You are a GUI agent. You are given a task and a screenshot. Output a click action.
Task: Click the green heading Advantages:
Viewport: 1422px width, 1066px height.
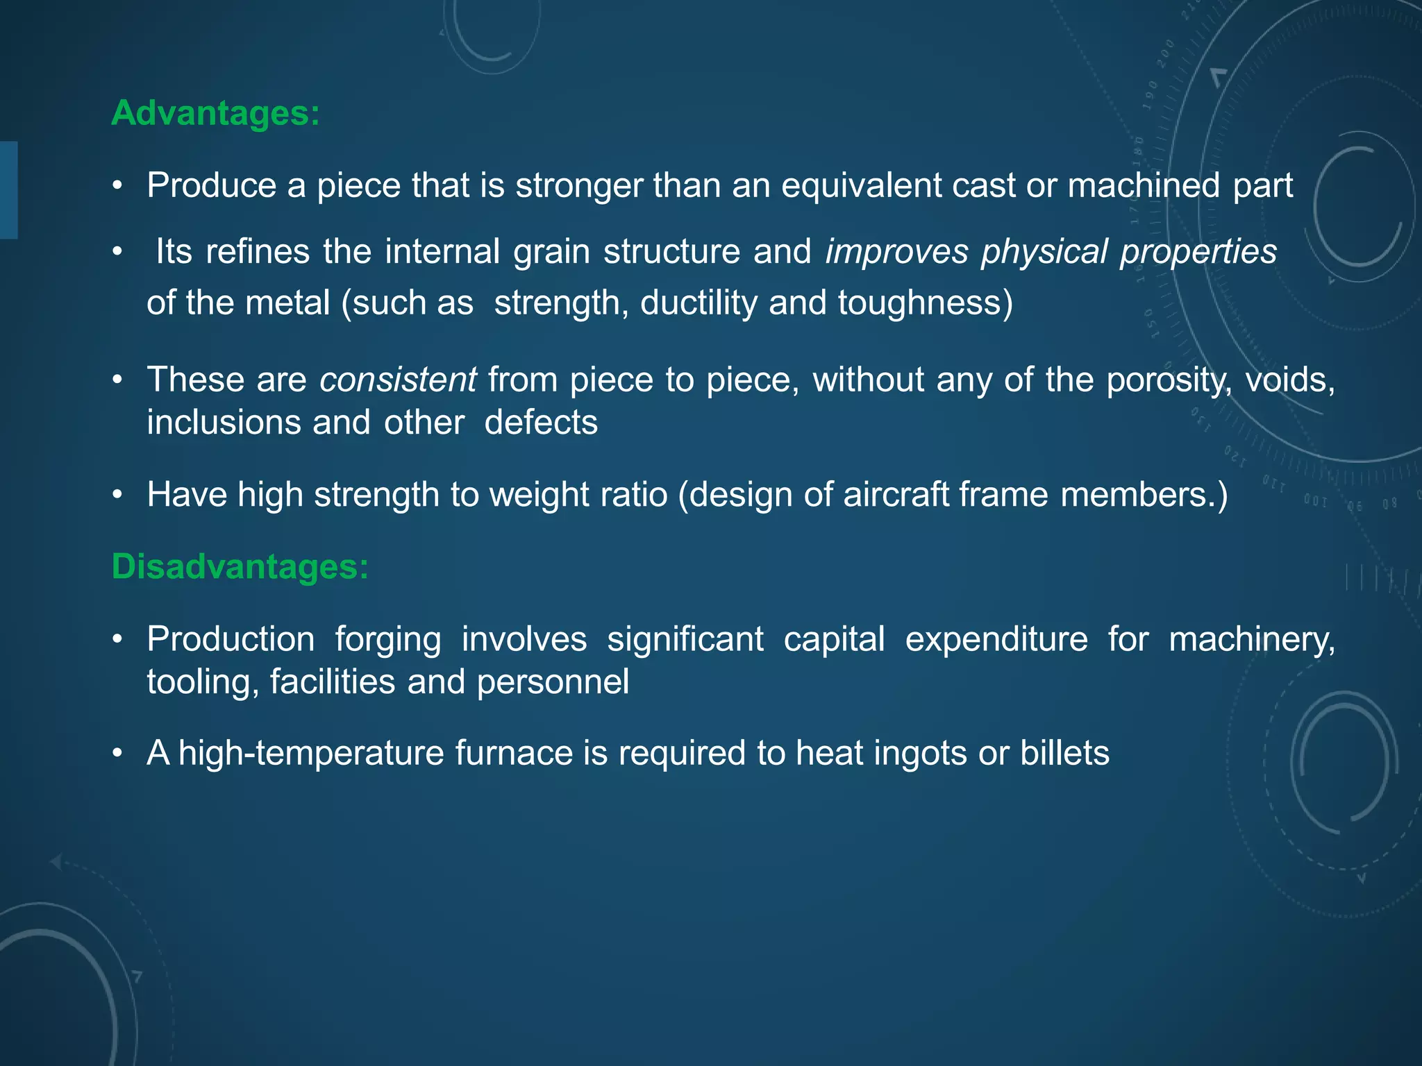215,113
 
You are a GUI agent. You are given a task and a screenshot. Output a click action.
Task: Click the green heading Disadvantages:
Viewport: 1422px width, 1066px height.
240,567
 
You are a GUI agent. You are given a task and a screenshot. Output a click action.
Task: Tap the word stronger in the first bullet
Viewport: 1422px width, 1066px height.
578,186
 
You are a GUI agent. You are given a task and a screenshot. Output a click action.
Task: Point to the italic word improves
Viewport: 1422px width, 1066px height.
896,252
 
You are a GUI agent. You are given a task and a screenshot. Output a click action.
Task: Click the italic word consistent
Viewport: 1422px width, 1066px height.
397,380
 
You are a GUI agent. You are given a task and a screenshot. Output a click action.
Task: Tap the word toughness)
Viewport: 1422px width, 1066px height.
926,303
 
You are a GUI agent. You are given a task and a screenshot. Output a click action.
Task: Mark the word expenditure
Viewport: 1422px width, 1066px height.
996,639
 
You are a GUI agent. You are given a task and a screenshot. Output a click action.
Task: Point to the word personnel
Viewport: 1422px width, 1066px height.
553,682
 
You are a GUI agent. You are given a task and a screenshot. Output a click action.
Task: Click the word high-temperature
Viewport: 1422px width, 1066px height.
311,753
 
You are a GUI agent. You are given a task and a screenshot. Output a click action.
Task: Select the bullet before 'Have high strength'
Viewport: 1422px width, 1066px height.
118,495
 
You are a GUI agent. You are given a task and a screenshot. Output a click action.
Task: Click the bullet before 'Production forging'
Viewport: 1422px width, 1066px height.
118,639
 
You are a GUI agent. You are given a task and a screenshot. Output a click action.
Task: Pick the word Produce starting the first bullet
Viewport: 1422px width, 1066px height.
212,186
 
